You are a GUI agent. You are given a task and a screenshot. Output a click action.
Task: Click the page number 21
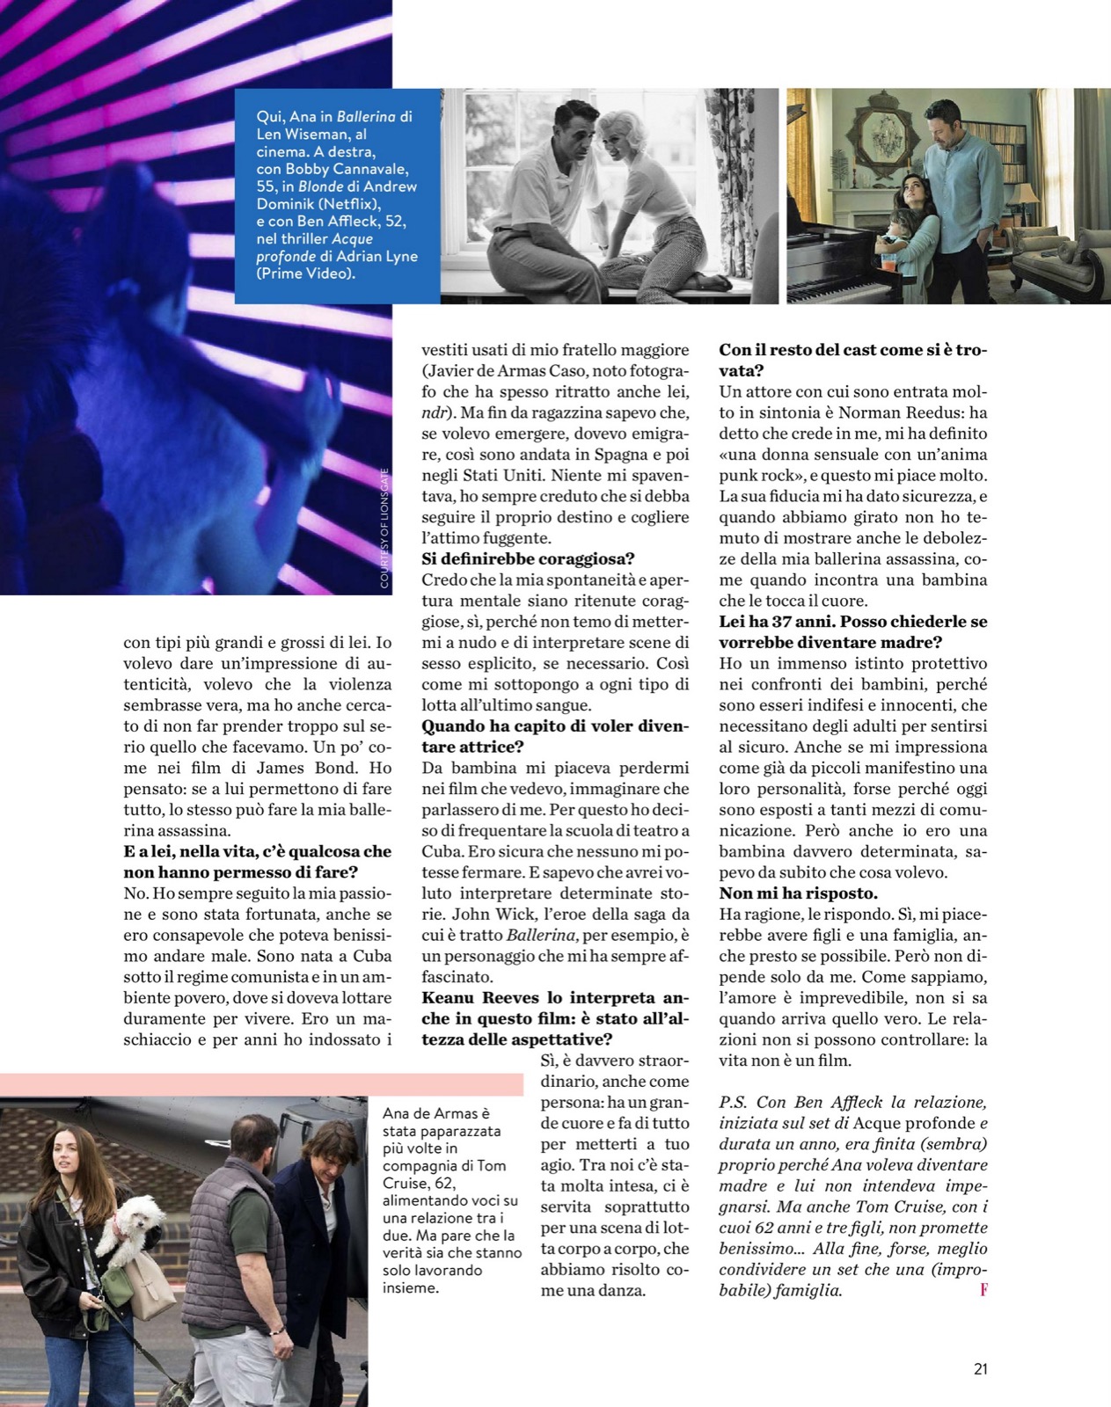click(981, 1369)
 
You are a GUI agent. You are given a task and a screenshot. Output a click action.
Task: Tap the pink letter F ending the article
click(983, 1291)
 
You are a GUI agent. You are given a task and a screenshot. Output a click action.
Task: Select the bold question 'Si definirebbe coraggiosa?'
click(528, 558)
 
